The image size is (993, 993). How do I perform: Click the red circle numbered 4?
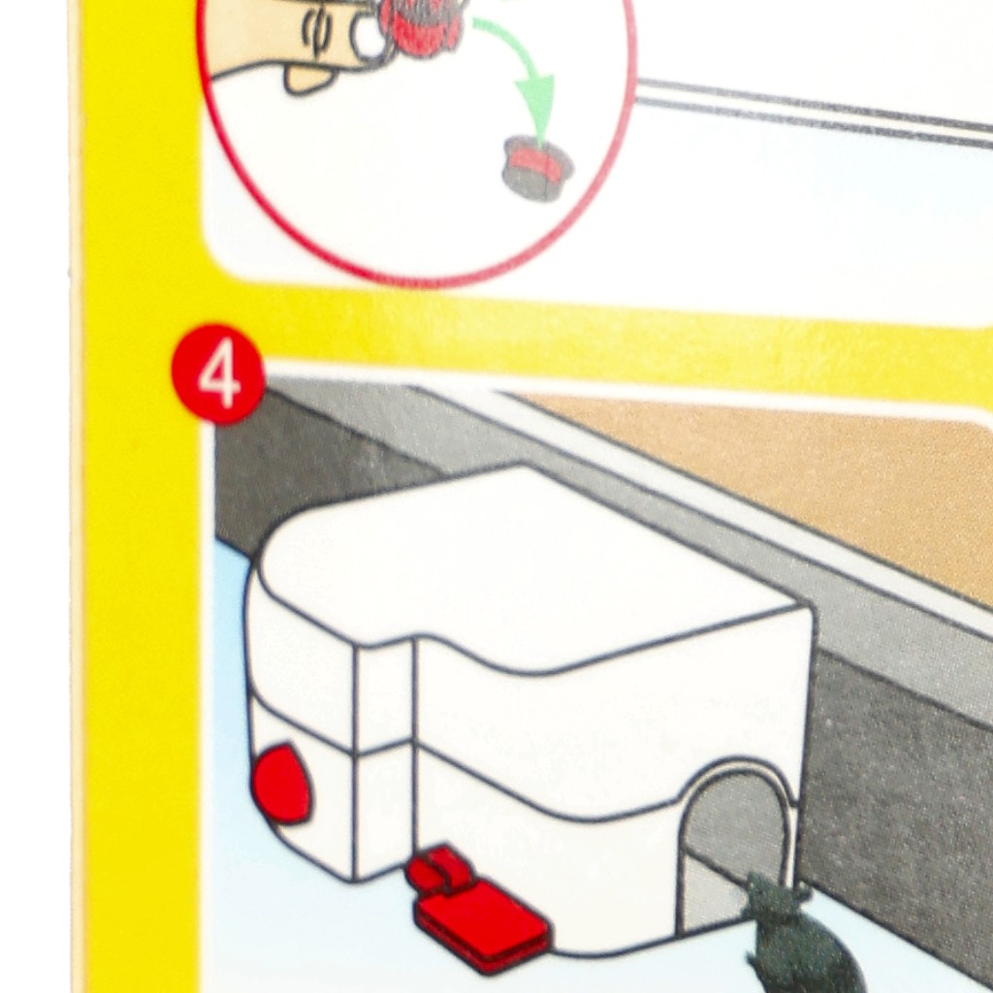(218, 373)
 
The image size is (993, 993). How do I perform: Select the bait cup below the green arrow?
(537, 168)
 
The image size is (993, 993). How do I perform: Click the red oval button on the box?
(281, 783)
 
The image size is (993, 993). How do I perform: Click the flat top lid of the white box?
(526, 570)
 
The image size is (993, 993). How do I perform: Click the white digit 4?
(219, 377)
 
